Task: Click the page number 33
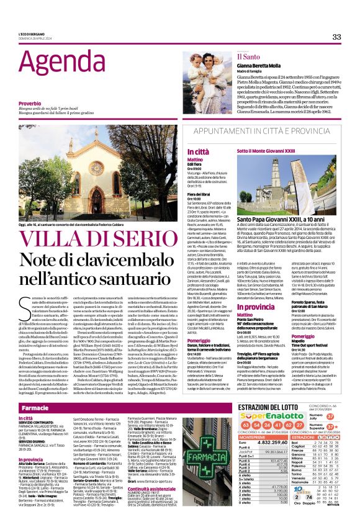click(x=336, y=37)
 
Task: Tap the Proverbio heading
click(x=30, y=102)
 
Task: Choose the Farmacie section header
click(x=35, y=408)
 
